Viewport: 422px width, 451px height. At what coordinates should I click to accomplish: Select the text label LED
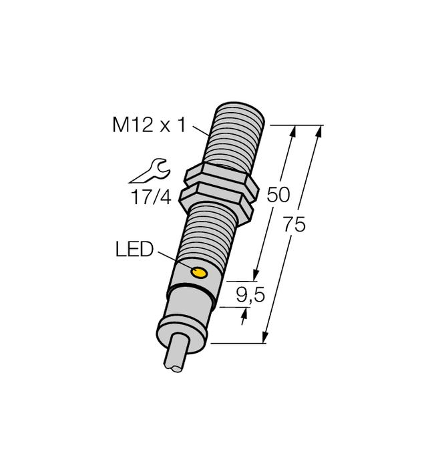134,251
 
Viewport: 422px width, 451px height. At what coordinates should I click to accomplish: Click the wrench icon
148,171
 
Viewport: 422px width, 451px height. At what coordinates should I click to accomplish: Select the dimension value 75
294,225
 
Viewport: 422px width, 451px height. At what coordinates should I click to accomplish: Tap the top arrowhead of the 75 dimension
319,131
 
